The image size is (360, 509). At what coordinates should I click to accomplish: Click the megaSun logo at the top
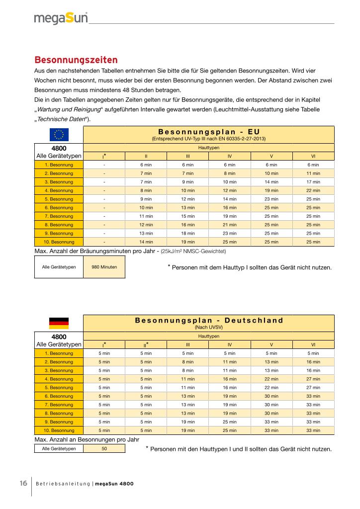point(61,18)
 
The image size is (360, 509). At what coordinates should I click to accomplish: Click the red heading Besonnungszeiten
point(76,60)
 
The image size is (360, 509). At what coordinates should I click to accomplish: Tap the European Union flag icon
point(59,134)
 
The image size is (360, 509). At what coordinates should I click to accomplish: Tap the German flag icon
point(59,323)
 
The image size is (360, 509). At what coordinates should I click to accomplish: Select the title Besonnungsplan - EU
point(208,131)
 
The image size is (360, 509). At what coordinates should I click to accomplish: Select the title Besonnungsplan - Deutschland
point(208,320)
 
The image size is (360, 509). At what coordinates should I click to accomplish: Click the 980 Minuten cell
point(104,267)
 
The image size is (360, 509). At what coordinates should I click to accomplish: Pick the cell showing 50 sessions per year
point(104,448)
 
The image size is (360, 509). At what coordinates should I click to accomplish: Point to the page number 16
point(23,483)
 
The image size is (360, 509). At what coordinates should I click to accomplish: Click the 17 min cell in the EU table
point(313,182)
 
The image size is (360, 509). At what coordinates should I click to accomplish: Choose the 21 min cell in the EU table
point(230,225)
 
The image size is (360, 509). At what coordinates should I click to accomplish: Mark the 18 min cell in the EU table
point(188,233)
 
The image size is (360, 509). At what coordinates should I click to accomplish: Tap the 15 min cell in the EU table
point(188,216)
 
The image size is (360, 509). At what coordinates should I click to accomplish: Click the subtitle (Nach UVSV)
point(208,328)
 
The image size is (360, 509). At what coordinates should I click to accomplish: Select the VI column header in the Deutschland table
point(313,344)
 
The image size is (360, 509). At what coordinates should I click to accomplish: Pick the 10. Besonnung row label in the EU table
point(59,242)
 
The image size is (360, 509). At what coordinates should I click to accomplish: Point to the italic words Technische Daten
point(60,119)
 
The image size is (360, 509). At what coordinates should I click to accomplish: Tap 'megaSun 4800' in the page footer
point(114,484)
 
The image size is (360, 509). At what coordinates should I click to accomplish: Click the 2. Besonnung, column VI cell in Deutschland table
point(313,362)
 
